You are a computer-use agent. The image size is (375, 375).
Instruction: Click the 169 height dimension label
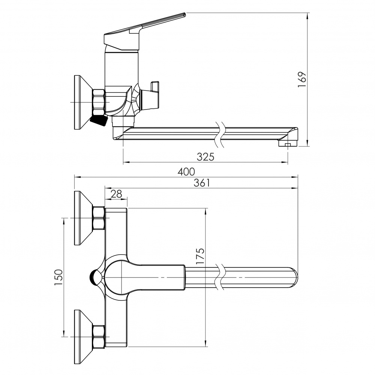click(x=302, y=79)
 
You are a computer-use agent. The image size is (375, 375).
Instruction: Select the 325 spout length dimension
click(x=205, y=157)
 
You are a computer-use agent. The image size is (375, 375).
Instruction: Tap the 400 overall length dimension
click(x=186, y=172)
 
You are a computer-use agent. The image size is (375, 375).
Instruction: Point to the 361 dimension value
click(x=201, y=183)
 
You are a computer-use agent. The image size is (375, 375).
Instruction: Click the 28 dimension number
click(x=117, y=193)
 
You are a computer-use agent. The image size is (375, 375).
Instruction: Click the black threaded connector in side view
click(x=99, y=121)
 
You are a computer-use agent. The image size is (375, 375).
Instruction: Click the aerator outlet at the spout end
click(x=287, y=144)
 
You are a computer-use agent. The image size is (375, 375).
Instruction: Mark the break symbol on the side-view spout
click(x=220, y=134)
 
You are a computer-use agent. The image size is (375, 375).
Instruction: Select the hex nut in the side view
click(x=99, y=102)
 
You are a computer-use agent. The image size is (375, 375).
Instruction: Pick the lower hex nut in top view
click(x=99, y=336)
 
